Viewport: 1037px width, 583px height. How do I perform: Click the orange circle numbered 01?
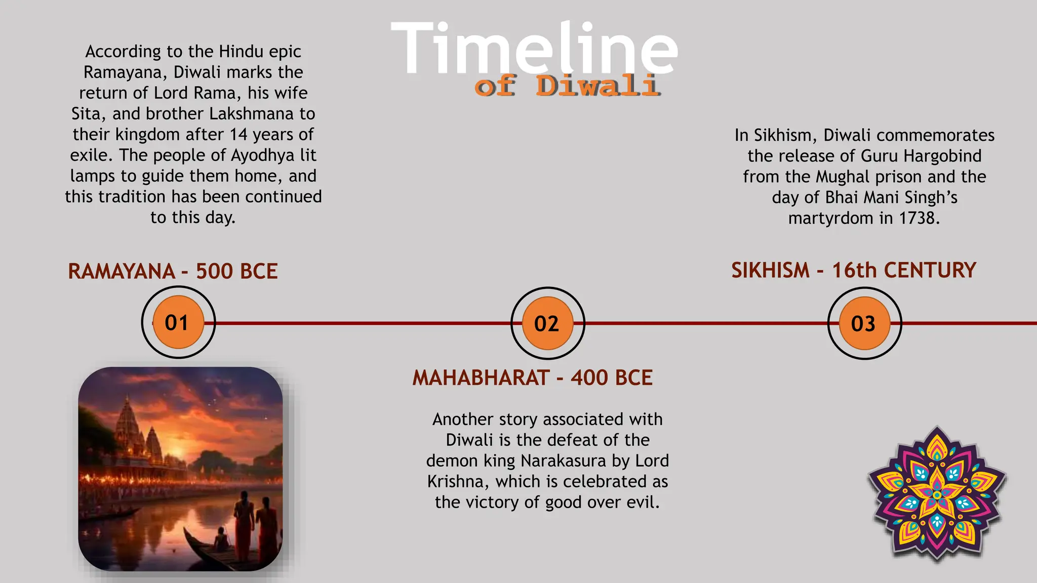[x=178, y=322]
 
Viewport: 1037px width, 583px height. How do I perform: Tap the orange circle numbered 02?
[x=547, y=323]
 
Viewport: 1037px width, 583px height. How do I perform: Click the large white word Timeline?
[x=534, y=49]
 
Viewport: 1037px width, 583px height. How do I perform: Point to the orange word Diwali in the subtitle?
[x=597, y=86]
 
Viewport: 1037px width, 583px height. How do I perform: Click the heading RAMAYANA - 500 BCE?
[x=173, y=271]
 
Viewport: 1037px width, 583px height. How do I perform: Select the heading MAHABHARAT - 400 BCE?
[x=533, y=378]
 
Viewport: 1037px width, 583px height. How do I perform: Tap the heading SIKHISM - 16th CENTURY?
[x=854, y=270]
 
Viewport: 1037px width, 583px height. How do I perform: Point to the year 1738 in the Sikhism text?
[x=919, y=218]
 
